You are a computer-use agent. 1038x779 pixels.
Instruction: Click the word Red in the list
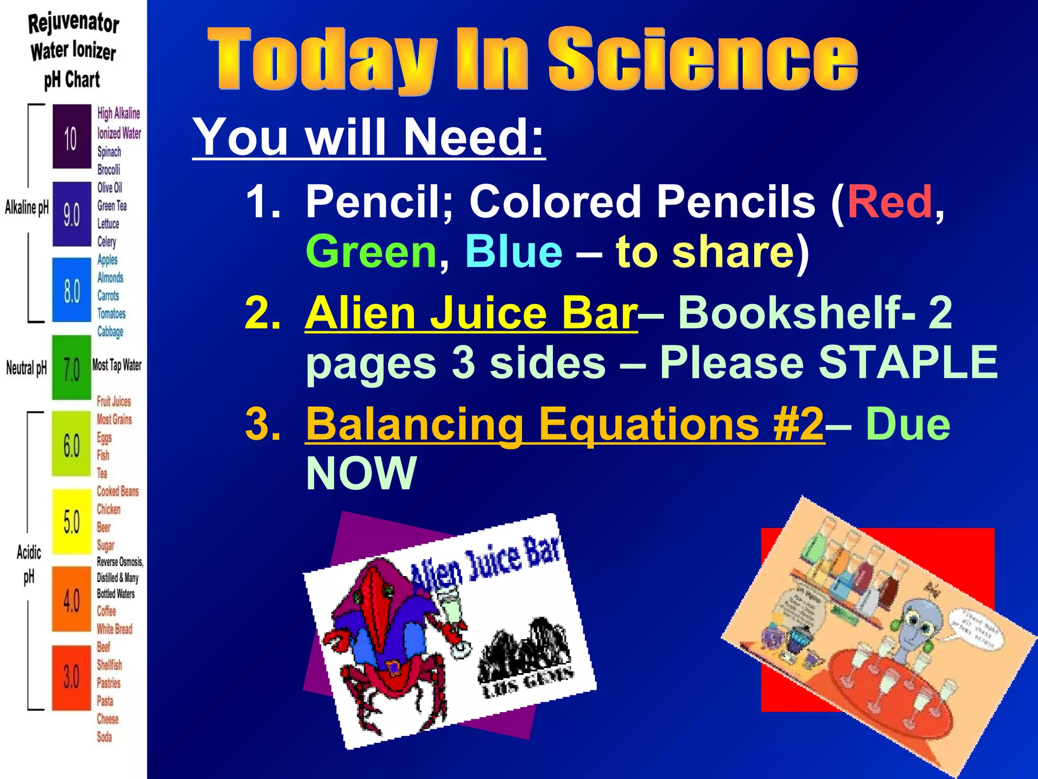889,202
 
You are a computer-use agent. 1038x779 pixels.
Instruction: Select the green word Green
371,252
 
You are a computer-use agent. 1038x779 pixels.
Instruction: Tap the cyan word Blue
513,252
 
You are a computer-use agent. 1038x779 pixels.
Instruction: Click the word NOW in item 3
361,473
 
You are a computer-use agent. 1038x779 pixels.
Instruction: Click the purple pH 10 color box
71,136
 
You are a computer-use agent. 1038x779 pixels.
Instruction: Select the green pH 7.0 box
71,367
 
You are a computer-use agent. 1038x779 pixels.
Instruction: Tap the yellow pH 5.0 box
71,521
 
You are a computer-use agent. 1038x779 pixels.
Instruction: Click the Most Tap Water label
117,365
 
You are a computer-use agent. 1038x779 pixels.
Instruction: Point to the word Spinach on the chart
109,152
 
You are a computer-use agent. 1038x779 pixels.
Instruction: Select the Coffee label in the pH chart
106,611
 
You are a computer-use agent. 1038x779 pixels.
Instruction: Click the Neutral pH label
26,368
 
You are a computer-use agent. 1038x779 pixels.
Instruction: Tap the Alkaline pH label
27,207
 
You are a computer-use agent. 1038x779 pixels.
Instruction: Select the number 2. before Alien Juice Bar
262,313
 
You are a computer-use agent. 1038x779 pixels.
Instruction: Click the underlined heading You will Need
368,137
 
